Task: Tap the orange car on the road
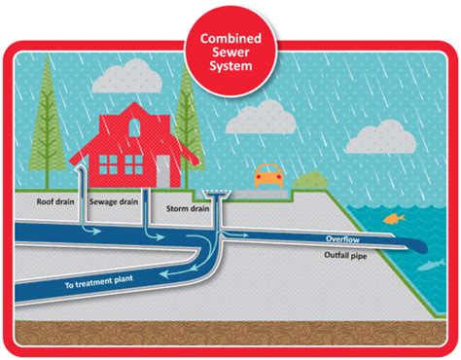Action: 266,176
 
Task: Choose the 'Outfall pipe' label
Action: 347,255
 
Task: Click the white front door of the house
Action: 161,170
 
